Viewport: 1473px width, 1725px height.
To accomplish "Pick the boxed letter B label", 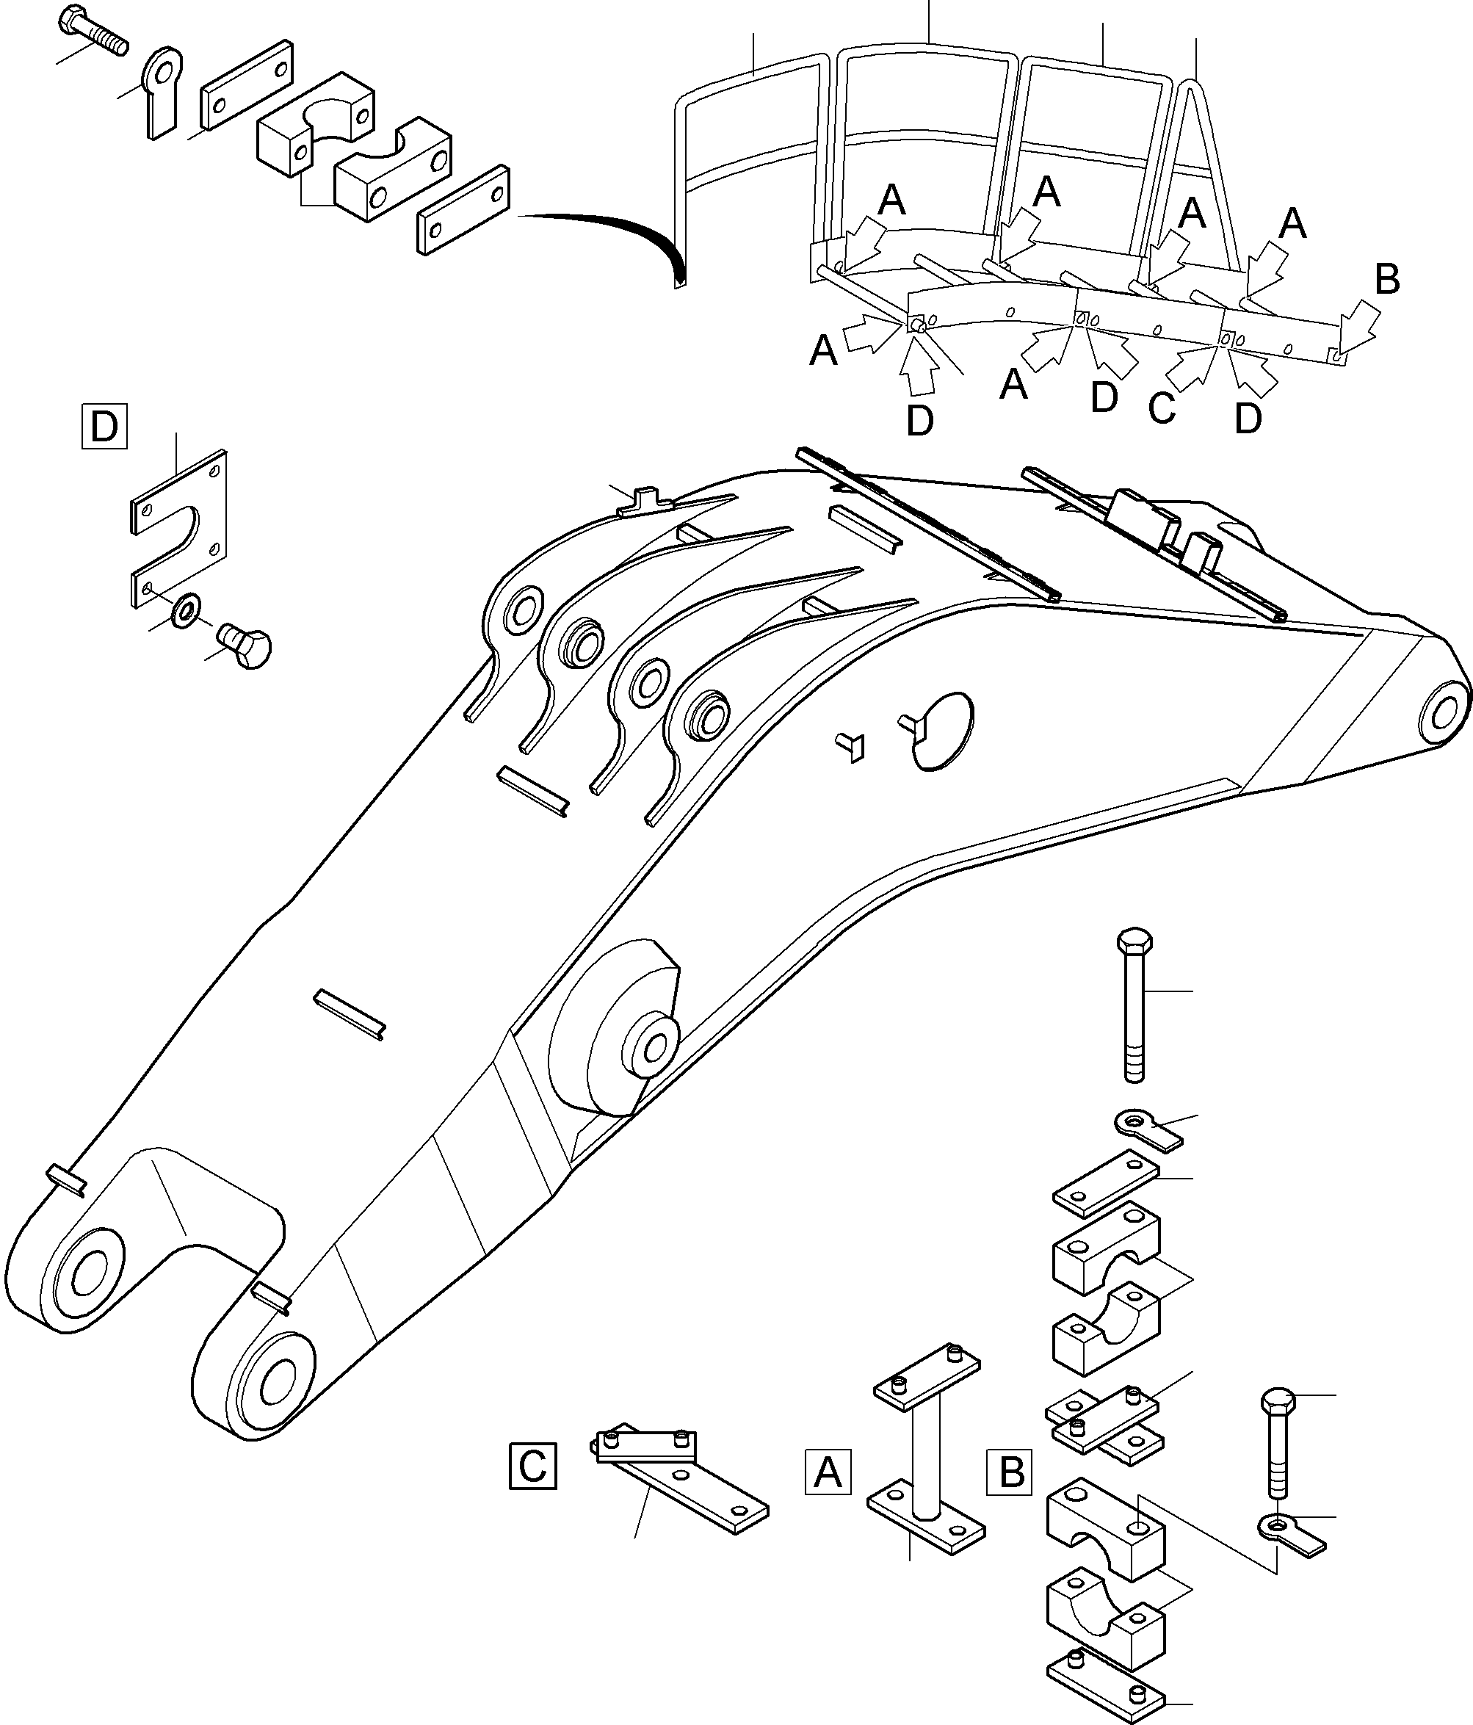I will (x=1010, y=1472).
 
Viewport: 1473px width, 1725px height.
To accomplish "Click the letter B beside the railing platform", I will (x=1386, y=281).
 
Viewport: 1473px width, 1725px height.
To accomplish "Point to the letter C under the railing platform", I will (x=1161, y=408).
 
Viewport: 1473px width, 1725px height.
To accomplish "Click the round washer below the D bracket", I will (x=185, y=610).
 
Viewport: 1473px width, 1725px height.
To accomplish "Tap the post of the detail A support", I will (x=925, y=1459).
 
